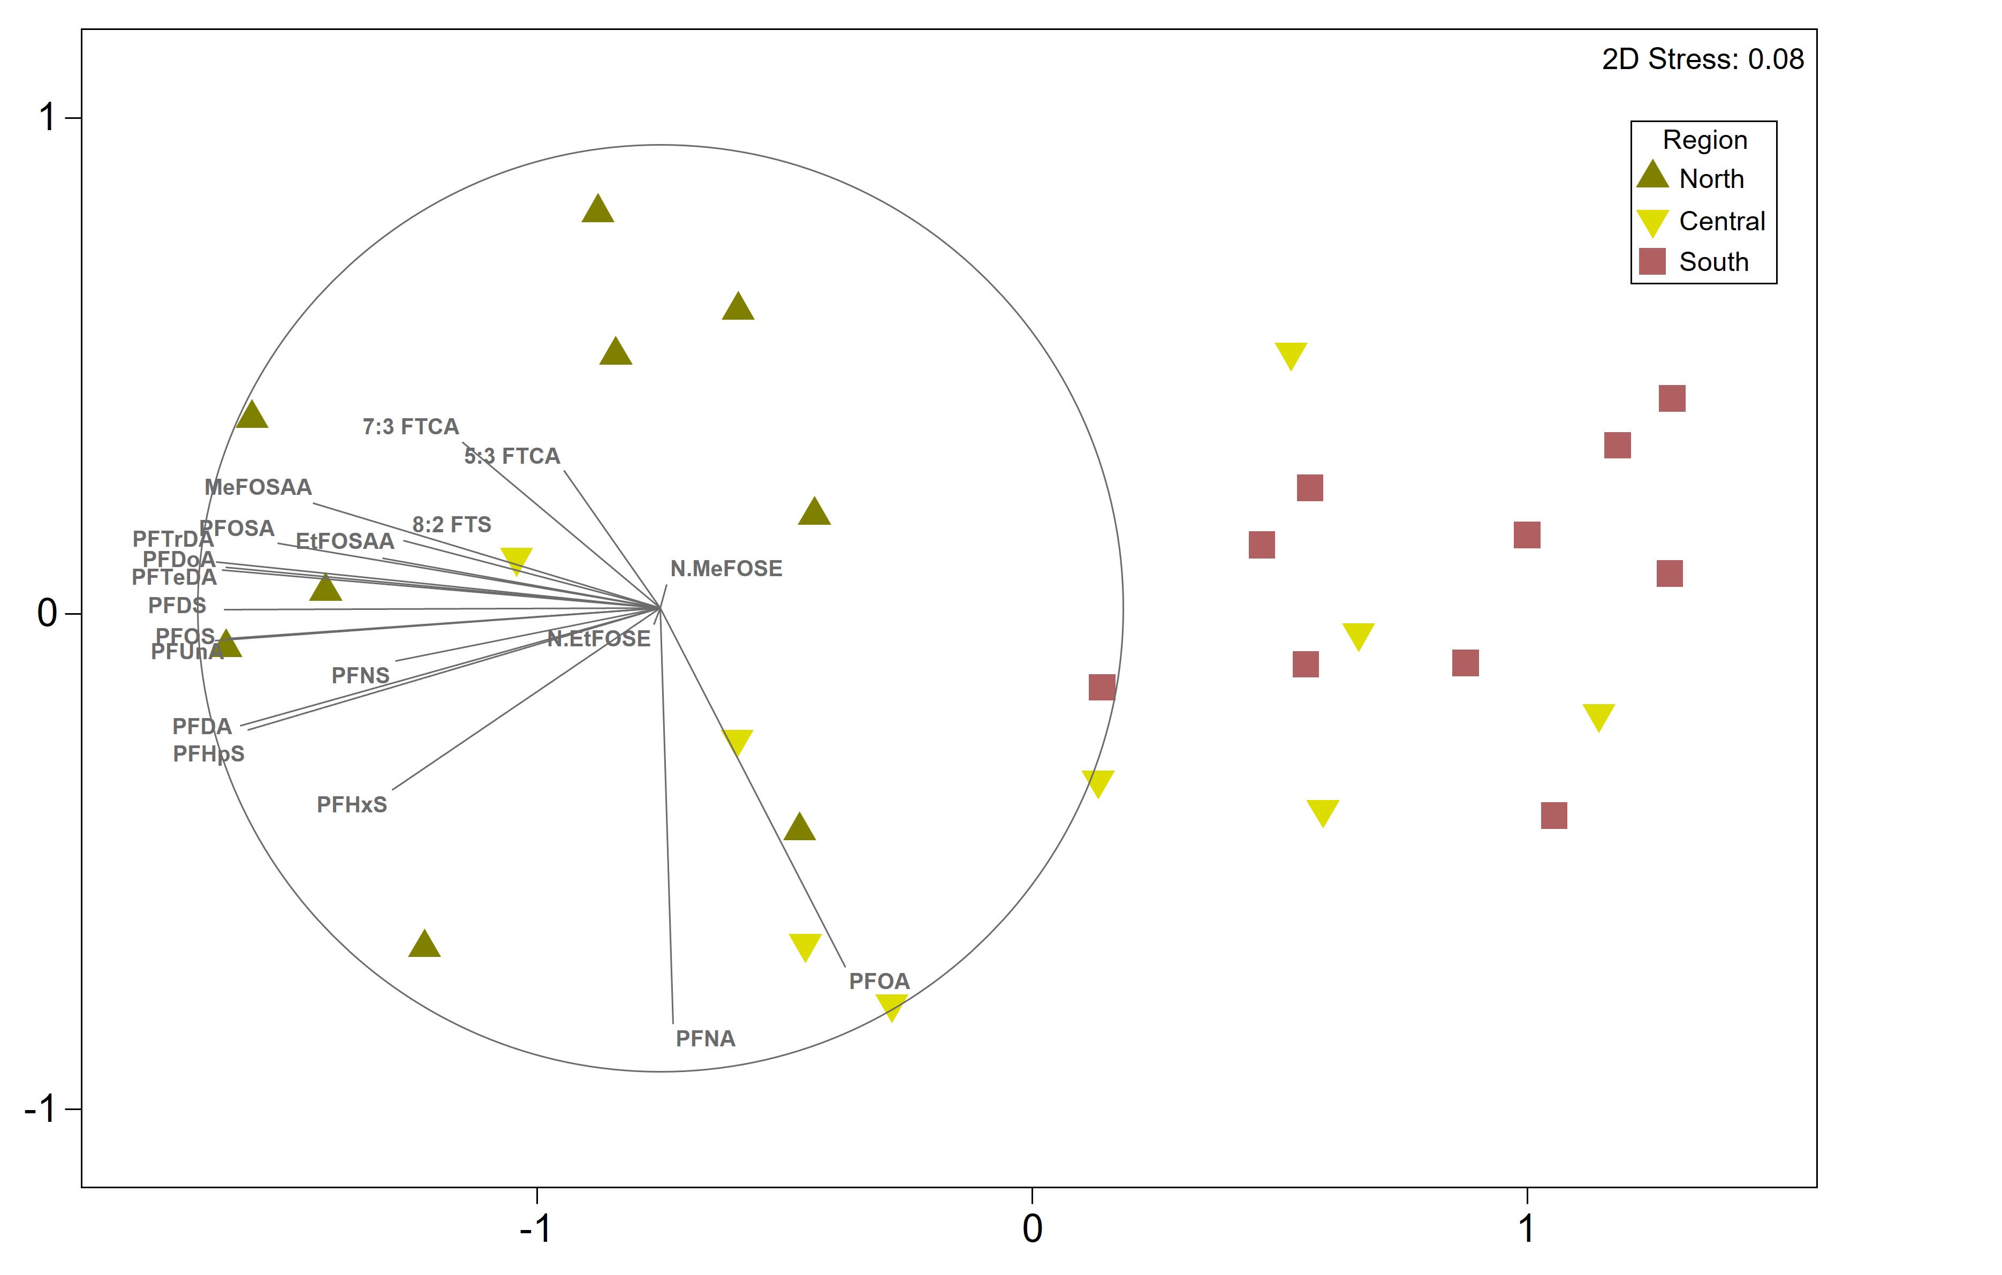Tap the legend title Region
(1704, 140)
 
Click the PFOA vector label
(879, 982)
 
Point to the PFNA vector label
(705, 1039)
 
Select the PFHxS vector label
(352, 805)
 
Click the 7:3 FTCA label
(411, 427)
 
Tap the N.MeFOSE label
(726, 569)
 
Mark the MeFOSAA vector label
(257, 487)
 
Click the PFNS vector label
(360, 675)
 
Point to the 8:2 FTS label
(451, 525)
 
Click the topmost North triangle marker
(598, 209)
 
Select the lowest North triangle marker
(424, 945)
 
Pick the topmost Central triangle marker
(1290, 355)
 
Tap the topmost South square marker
(1671, 398)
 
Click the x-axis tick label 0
(1032, 1228)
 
